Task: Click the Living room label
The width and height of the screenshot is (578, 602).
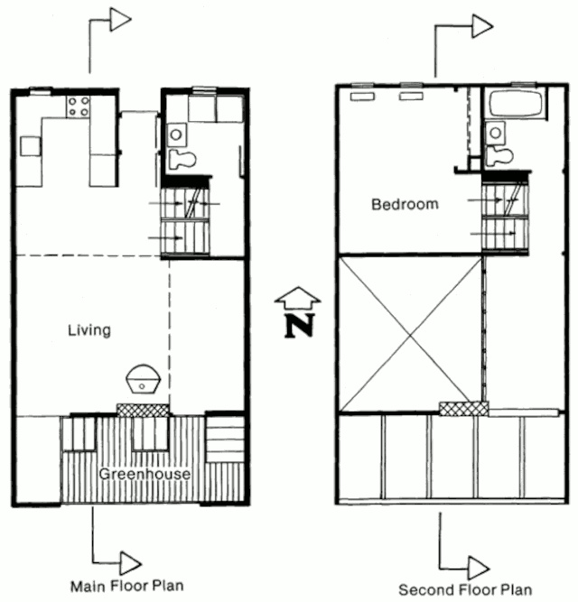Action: (x=89, y=330)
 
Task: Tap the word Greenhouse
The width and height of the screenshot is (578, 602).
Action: (x=144, y=474)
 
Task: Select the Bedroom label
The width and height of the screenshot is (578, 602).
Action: (x=405, y=204)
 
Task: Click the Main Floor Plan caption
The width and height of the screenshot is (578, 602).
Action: (x=127, y=586)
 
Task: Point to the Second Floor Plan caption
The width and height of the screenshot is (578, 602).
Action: (x=465, y=589)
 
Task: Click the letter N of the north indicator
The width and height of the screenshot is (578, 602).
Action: (x=300, y=327)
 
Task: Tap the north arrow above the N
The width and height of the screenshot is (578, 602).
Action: (x=298, y=298)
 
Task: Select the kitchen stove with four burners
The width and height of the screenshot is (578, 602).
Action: (x=78, y=107)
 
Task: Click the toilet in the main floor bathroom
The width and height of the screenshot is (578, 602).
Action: (x=182, y=159)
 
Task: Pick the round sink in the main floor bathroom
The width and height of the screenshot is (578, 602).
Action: (x=176, y=134)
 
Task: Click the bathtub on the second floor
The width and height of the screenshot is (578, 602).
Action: (x=516, y=104)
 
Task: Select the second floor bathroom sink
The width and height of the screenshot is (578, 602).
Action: (x=496, y=133)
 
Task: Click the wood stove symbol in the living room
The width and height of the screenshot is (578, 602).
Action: (x=143, y=379)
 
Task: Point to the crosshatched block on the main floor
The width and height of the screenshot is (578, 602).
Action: (x=143, y=410)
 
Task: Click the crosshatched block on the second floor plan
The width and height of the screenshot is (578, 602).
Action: (x=463, y=409)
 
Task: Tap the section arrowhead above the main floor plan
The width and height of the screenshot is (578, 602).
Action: (x=121, y=20)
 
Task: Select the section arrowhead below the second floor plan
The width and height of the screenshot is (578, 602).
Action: (x=479, y=568)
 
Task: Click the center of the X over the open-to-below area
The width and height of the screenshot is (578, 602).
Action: (x=411, y=335)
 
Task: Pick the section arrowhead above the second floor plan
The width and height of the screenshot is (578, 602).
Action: (x=482, y=26)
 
